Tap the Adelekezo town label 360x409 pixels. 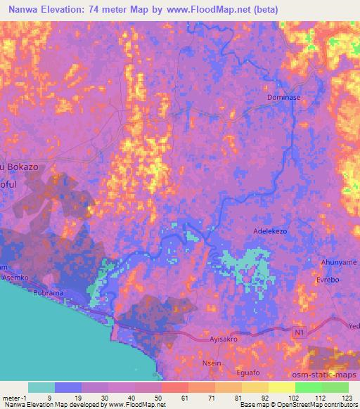tap(270, 231)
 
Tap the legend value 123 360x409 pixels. tap(348, 397)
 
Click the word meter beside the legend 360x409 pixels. tap(11, 397)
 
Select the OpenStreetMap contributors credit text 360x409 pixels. tap(326, 405)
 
